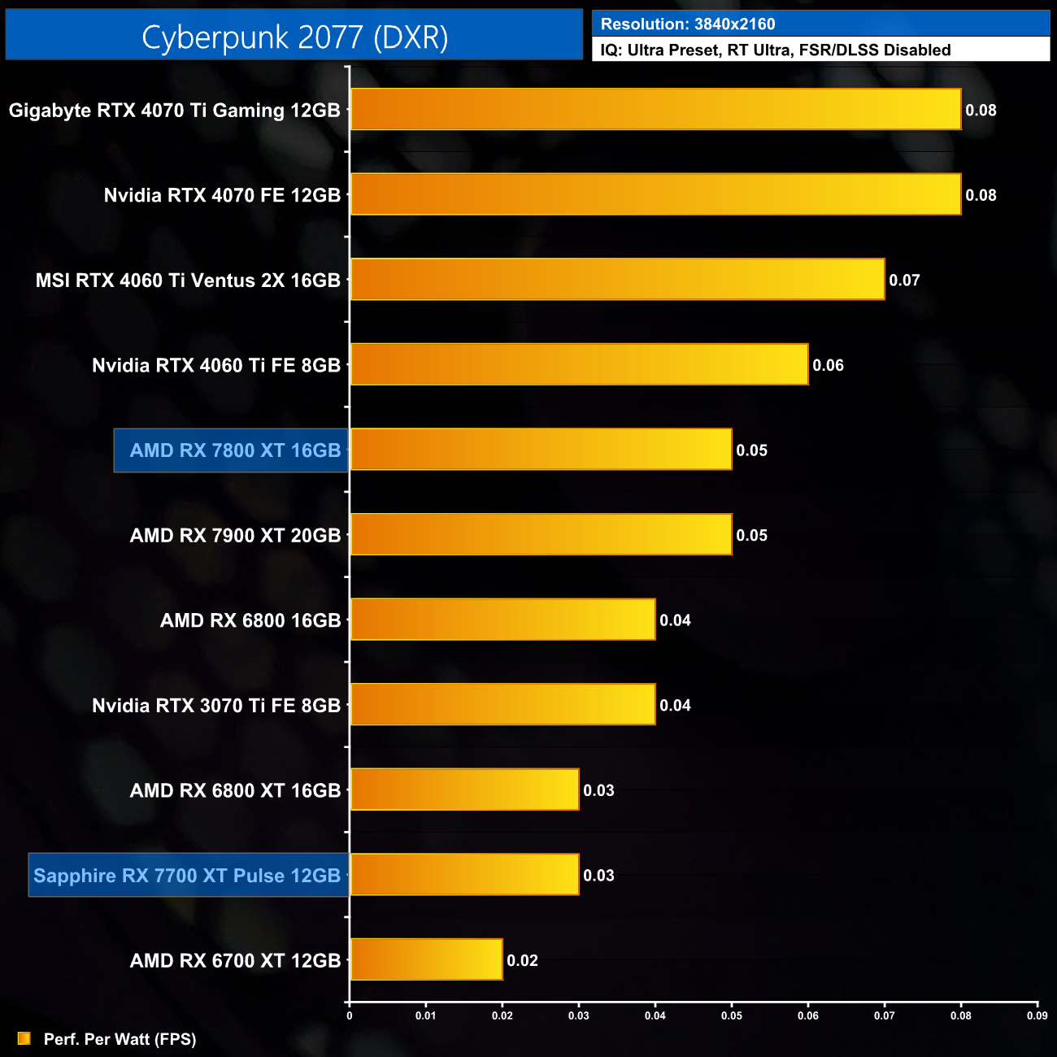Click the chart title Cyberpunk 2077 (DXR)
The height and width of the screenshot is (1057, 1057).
point(294,37)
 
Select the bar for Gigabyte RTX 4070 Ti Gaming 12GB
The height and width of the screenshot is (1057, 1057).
point(655,110)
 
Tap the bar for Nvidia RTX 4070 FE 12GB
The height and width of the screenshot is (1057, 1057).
point(655,194)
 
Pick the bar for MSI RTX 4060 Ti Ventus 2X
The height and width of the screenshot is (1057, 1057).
point(617,280)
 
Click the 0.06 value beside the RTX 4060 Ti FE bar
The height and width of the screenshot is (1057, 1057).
point(828,366)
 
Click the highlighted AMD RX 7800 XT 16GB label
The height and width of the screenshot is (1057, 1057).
point(234,450)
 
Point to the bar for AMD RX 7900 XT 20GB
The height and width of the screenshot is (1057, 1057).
point(541,535)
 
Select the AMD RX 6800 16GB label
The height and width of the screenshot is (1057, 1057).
point(250,620)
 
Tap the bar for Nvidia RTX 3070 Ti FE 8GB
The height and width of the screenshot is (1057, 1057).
point(502,705)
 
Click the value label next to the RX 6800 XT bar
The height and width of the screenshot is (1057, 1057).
point(598,790)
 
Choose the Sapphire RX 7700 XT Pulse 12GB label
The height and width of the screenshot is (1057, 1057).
point(187,876)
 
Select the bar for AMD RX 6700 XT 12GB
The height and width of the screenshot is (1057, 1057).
point(426,960)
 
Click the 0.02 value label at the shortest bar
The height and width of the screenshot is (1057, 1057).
point(522,961)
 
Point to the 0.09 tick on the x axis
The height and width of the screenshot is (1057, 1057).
point(1037,1016)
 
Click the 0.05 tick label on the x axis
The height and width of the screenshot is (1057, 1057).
point(731,1016)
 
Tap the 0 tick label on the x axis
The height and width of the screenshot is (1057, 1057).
point(350,1016)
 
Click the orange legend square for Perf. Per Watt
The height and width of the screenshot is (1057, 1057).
point(24,1038)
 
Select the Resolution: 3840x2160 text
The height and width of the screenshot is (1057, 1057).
point(688,24)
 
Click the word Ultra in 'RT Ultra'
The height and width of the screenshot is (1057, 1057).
point(772,50)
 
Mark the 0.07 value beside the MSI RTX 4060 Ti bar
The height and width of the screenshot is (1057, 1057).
point(904,281)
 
